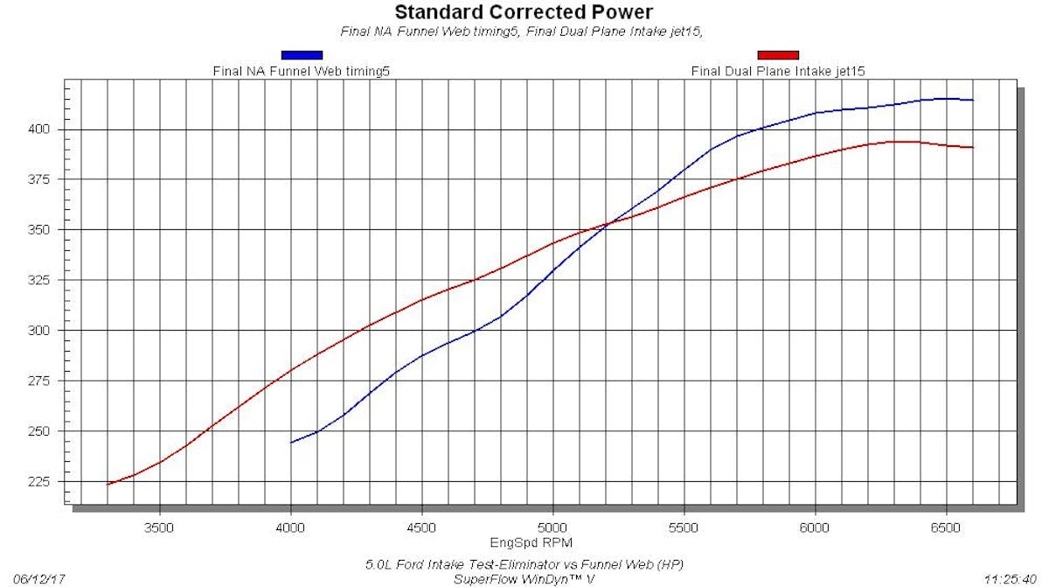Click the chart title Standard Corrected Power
coord(523,12)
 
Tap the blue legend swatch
coord(301,55)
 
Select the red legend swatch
coord(777,55)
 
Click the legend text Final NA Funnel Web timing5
coord(301,71)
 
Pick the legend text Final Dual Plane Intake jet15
coord(778,71)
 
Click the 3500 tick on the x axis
coord(159,528)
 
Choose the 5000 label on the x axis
coord(552,528)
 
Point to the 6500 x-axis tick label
coord(946,528)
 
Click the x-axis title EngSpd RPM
coord(524,542)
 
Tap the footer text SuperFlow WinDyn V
coord(524,579)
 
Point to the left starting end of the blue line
coord(291,443)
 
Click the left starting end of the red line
coord(108,484)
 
